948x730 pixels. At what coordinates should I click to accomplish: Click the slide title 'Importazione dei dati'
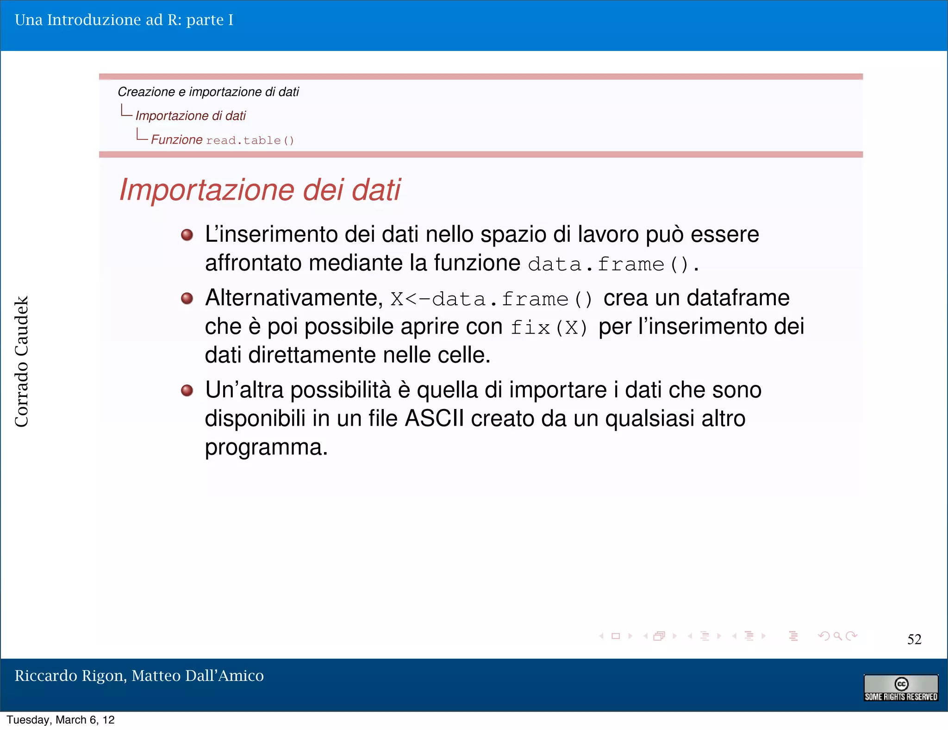point(259,190)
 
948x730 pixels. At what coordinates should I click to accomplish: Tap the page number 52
point(914,639)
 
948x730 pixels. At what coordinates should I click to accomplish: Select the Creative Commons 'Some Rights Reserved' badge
point(900,688)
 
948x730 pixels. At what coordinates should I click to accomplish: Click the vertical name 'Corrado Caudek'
point(22,361)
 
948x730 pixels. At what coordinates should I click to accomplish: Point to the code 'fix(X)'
point(549,328)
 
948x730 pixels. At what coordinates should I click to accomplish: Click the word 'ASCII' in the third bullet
point(434,418)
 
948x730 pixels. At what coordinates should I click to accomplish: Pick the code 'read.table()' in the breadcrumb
point(250,140)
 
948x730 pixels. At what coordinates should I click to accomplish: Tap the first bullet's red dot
point(187,235)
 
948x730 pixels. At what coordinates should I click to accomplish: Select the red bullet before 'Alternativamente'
point(187,298)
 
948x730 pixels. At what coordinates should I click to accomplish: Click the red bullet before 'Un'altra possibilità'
point(187,390)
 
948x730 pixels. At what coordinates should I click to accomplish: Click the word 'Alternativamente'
point(294,298)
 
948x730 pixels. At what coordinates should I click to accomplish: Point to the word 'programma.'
point(266,447)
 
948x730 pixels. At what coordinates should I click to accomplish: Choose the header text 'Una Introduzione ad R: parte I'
point(124,20)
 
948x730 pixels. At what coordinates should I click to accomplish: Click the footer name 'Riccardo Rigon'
point(69,676)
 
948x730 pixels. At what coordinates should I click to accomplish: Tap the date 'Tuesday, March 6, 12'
point(61,720)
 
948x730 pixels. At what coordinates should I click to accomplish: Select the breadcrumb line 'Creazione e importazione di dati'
point(208,92)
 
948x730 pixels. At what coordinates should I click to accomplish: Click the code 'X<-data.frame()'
point(491,299)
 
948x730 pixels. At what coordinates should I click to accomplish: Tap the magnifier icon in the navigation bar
point(837,636)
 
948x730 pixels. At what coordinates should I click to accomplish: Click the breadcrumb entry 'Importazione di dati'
point(190,116)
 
